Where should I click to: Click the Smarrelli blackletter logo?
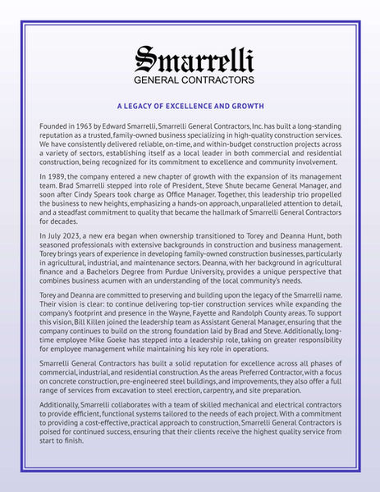195,58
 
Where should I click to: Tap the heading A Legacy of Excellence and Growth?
190,106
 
